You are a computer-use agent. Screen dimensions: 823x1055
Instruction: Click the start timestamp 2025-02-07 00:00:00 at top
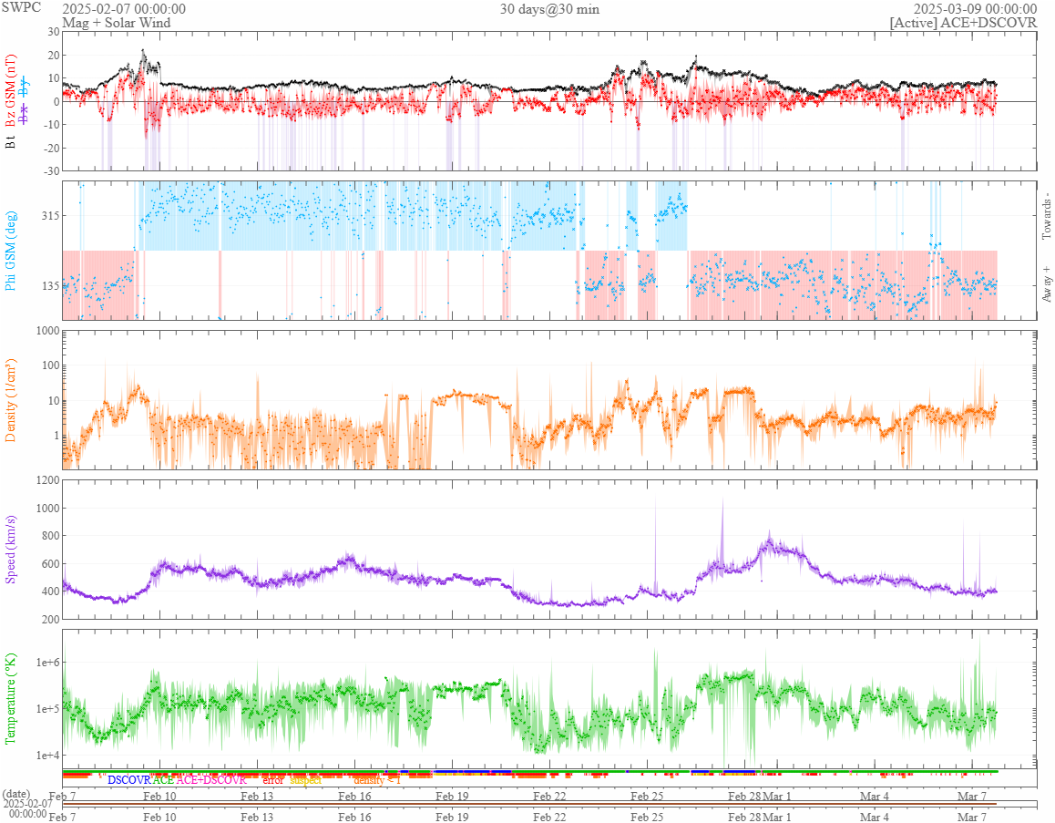pyautogui.click(x=124, y=9)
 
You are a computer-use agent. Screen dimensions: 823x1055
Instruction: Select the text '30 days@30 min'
pyautogui.click(x=549, y=9)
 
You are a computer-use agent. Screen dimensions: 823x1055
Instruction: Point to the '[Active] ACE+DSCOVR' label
pyautogui.click(x=963, y=23)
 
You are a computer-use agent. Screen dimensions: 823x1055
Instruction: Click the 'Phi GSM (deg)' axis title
pyautogui.click(x=12, y=250)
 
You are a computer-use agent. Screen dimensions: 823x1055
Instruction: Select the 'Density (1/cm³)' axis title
pyautogui.click(x=12, y=400)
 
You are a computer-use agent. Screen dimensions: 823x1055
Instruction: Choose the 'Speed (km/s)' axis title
pyautogui.click(x=12, y=549)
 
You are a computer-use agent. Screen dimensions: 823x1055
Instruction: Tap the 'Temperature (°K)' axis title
pyautogui.click(x=12, y=698)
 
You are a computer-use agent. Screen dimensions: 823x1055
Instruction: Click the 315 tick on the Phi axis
pyautogui.click(x=48, y=216)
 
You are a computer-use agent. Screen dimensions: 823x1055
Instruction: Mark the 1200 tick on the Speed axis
pyautogui.click(x=45, y=480)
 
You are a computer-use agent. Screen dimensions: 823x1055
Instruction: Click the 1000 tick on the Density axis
pyautogui.click(x=45, y=331)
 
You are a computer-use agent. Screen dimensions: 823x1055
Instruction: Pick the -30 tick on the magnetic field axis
pyautogui.click(x=48, y=170)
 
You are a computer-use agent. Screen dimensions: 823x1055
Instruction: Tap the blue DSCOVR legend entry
pyautogui.click(x=128, y=780)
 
